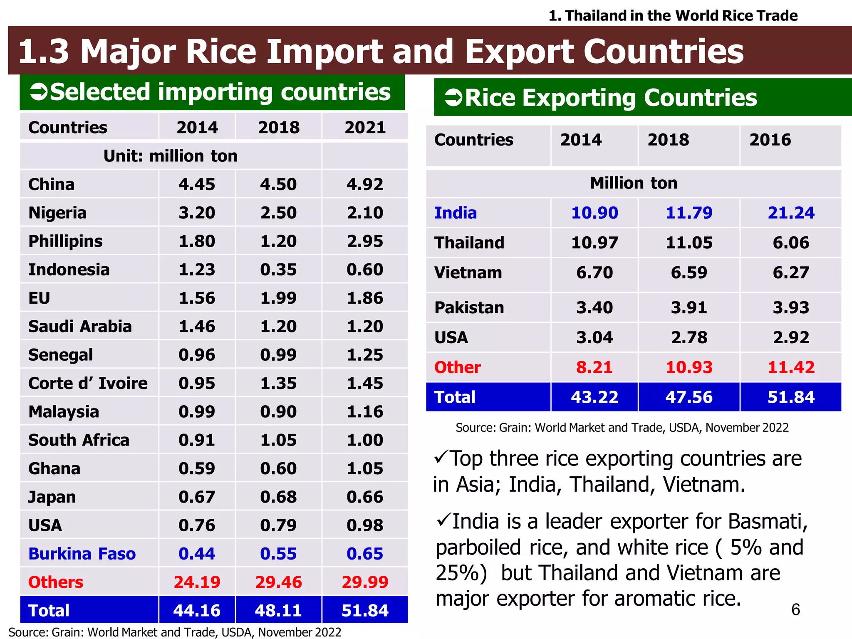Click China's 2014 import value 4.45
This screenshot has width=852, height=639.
tap(197, 184)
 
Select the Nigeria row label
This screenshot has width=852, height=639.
tap(57, 213)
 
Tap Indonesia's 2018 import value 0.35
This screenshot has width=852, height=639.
tap(278, 270)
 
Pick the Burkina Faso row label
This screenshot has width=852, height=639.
tap(82, 554)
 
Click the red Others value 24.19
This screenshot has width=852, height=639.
tap(197, 582)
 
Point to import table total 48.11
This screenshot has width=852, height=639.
tap(278, 610)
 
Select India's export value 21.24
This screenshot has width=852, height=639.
tap(791, 213)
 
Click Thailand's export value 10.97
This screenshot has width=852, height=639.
tap(594, 243)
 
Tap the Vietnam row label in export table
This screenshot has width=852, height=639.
tap(468, 273)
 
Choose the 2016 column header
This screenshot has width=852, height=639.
tap(770, 140)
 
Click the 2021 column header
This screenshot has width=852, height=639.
tap(365, 128)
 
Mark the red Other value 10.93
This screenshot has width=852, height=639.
tap(689, 367)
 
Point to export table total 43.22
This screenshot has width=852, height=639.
tap(594, 397)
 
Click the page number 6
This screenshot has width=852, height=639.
tap(795, 609)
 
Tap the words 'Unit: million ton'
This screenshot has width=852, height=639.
tap(171, 156)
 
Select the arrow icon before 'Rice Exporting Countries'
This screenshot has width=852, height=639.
tap(453, 98)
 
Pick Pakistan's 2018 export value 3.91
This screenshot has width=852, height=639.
tap(689, 308)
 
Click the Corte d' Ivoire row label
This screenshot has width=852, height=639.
tap(88, 383)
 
